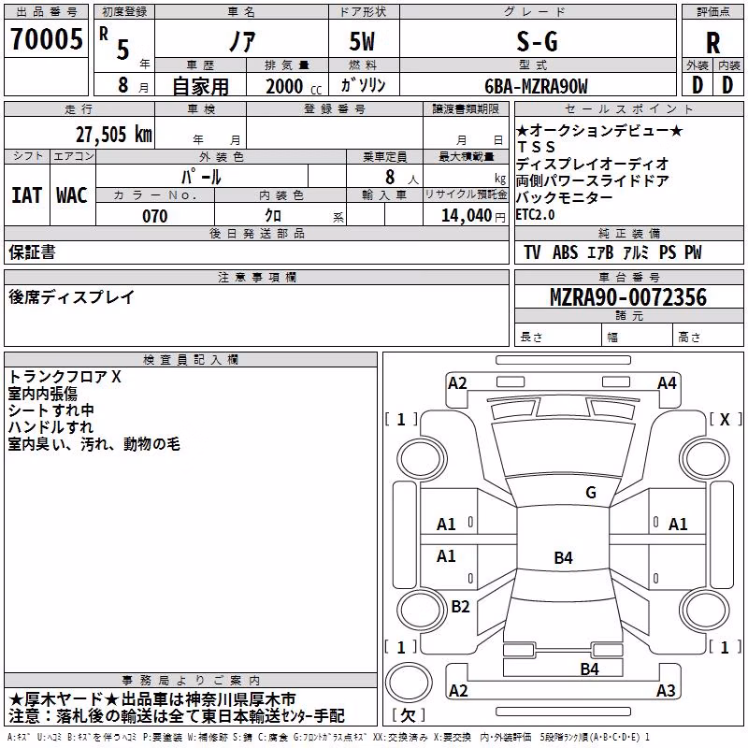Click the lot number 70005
(47, 39)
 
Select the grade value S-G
(537, 41)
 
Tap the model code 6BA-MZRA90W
(536, 86)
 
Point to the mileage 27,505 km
(114, 135)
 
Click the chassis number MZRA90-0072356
(628, 297)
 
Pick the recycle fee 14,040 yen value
(473, 216)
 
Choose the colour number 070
(155, 216)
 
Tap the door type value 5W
(362, 41)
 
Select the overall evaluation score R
(712, 43)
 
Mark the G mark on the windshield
(591, 493)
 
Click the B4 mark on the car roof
(563, 557)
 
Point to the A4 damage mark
(667, 383)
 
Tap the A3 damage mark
(666, 690)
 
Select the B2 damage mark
(460, 606)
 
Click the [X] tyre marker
(726, 419)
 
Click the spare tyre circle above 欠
(409, 683)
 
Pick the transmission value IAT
(27, 195)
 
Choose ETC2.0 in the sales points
(535, 215)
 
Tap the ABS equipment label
(565, 252)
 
